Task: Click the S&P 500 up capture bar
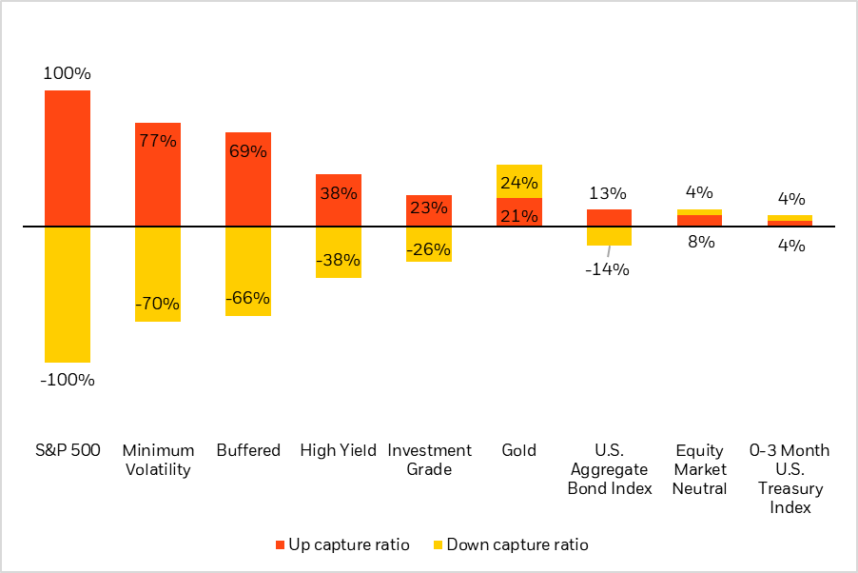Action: (68, 158)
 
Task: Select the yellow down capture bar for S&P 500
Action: (68, 294)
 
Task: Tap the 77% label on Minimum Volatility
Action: (158, 141)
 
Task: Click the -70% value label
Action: (158, 305)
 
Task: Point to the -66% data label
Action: (248, 298)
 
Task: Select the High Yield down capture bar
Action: (339, 252)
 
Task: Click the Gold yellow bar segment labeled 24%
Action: (519, 181)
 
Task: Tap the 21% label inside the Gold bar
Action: (519, 215)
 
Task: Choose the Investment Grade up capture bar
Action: (429, 211)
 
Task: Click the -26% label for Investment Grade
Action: (429, 250)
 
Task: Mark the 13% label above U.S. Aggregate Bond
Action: (609, 192)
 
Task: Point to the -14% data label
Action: (609, 268)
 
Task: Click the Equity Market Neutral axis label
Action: (700, 469)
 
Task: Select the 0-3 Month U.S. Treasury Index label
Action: (790, 479)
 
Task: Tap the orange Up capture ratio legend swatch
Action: (281, 545)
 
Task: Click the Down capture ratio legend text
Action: (517, 545)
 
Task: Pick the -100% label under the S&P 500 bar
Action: (68, 380)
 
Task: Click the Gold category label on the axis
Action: (519, 450)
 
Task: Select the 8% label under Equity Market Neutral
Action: (700, 242)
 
